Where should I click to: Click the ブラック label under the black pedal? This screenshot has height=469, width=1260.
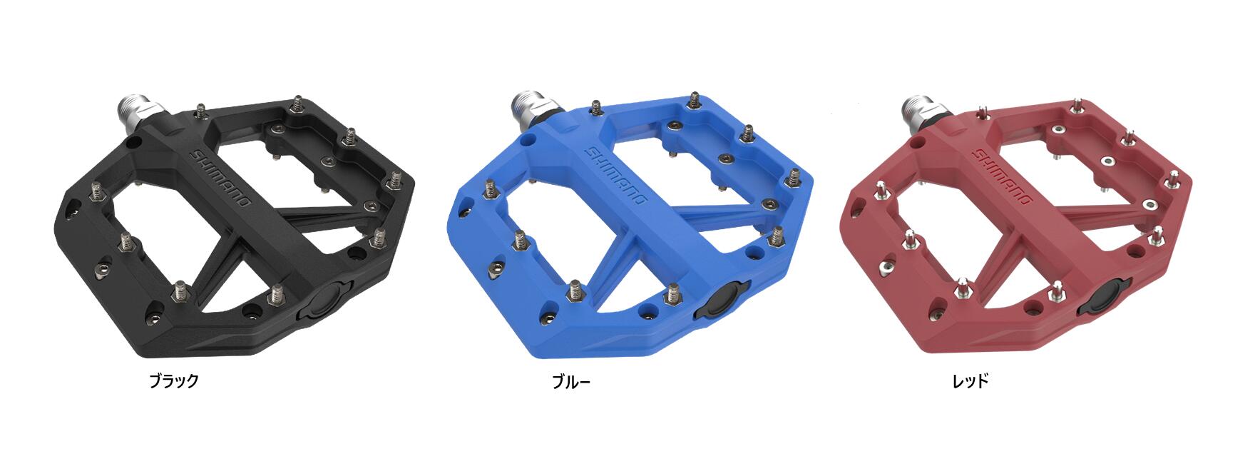(173, 380)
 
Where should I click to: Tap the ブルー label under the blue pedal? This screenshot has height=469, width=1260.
(571, 382)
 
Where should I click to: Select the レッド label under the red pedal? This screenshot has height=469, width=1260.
(970, 381)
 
